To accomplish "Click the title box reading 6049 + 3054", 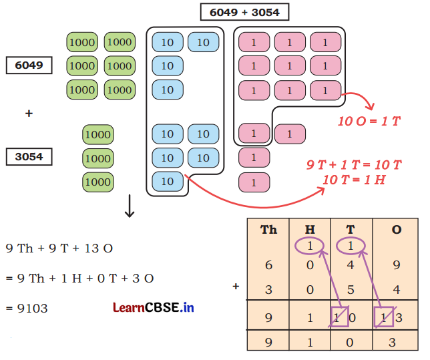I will pyautogui.click(x=244, y=13).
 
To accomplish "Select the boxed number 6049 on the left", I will pyautogui.click(x=29, y=65).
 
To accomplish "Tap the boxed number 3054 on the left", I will pyautogui.click(x=29, y=157).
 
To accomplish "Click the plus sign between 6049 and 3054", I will pyautogui.click(x=29, y=114).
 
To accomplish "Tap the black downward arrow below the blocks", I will pyautogui.click(x=130, y=207).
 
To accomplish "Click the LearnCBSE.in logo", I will pyautogui.click(x=153, y=308).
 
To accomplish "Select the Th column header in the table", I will pyautogui.click(x=268, y=230).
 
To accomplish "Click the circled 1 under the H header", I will pyautogui.click(x=310, y=246).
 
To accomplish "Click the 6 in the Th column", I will pyautogui.click(x=268, y=266).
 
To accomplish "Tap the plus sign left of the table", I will pyautogui.click(x=236, y=287).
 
